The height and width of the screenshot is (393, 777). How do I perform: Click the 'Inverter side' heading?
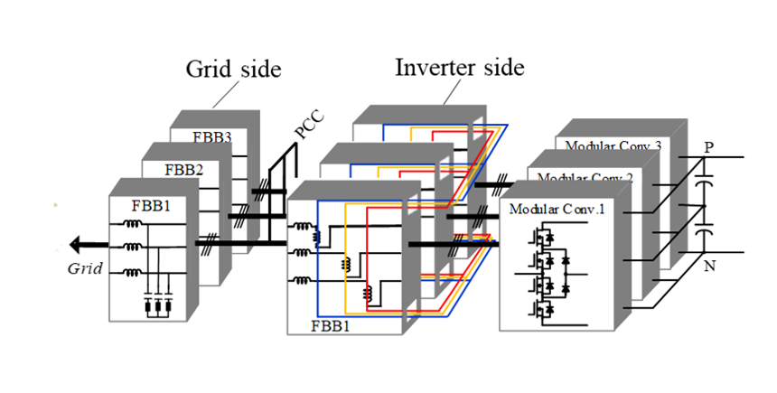click(459, 68)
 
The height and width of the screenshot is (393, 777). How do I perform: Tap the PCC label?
click(309, 129)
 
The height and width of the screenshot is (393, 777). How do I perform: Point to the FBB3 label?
click(212, 138)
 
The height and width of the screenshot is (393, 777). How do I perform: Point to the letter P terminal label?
click(707, 145)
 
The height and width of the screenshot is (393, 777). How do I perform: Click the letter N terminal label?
click(707, 267)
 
